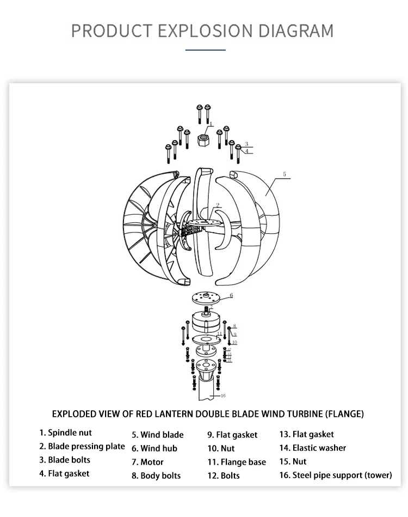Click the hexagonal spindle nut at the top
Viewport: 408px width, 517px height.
(204, 141)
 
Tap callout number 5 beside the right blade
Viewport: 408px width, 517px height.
(284, 174)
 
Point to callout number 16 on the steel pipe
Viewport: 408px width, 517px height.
(223, 395)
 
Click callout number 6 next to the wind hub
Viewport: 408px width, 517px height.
(231, 295)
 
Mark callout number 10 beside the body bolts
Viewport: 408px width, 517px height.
(234, 342)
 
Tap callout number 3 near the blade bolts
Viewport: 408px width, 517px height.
(246, 144)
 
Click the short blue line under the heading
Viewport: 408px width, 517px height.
(205, 50)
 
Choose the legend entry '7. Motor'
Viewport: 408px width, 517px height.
(147, 462)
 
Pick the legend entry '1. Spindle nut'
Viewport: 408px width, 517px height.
(65, 433)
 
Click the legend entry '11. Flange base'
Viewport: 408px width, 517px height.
(236, 462)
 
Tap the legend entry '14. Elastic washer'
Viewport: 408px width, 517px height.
(312, 448)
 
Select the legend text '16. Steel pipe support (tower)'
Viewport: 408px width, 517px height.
(335, 475)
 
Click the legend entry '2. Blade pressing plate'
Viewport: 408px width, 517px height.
(82, 446)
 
